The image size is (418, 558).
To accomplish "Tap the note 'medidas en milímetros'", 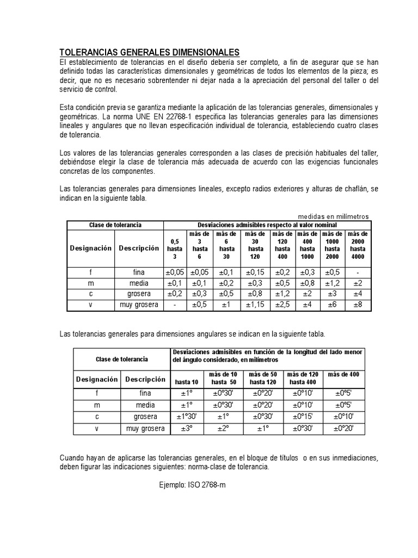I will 334,216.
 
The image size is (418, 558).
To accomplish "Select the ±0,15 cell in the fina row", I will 252,272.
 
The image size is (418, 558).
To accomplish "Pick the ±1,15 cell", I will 252,305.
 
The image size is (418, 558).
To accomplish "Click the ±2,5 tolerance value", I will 282,305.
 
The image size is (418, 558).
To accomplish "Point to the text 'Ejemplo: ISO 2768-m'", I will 192,483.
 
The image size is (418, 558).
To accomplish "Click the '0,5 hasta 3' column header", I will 175,248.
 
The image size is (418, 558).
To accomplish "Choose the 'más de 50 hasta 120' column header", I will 263,378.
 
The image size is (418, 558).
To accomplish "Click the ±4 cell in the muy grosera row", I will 307,305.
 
